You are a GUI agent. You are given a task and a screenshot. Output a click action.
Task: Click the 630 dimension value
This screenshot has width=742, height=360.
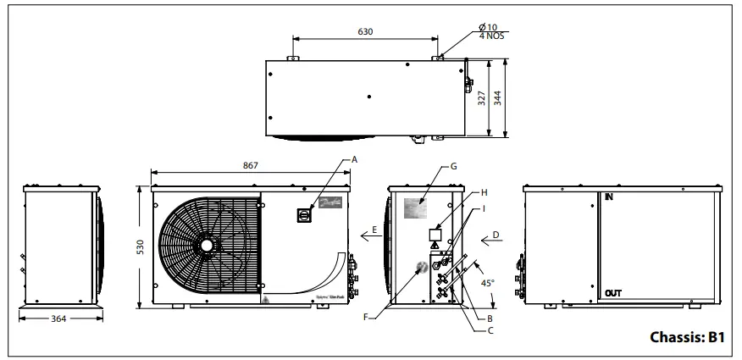pyautogui.click(x=365, y=31)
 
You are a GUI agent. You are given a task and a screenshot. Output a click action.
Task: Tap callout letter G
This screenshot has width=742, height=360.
pyautogui.click(x=454, y=166)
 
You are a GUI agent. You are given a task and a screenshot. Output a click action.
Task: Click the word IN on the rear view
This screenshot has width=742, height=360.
pyautogui.click(x=608, y=196)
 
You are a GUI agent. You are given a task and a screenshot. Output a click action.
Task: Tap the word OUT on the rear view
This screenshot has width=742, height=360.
pyautogui.click(x=614, y=293)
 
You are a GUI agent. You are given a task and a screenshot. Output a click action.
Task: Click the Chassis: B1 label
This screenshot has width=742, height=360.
pyautogui.click(x=687, y=336)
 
